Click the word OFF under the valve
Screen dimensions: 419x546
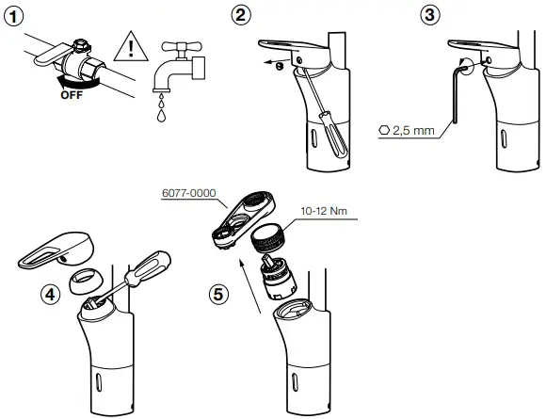(x=71, y=94)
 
